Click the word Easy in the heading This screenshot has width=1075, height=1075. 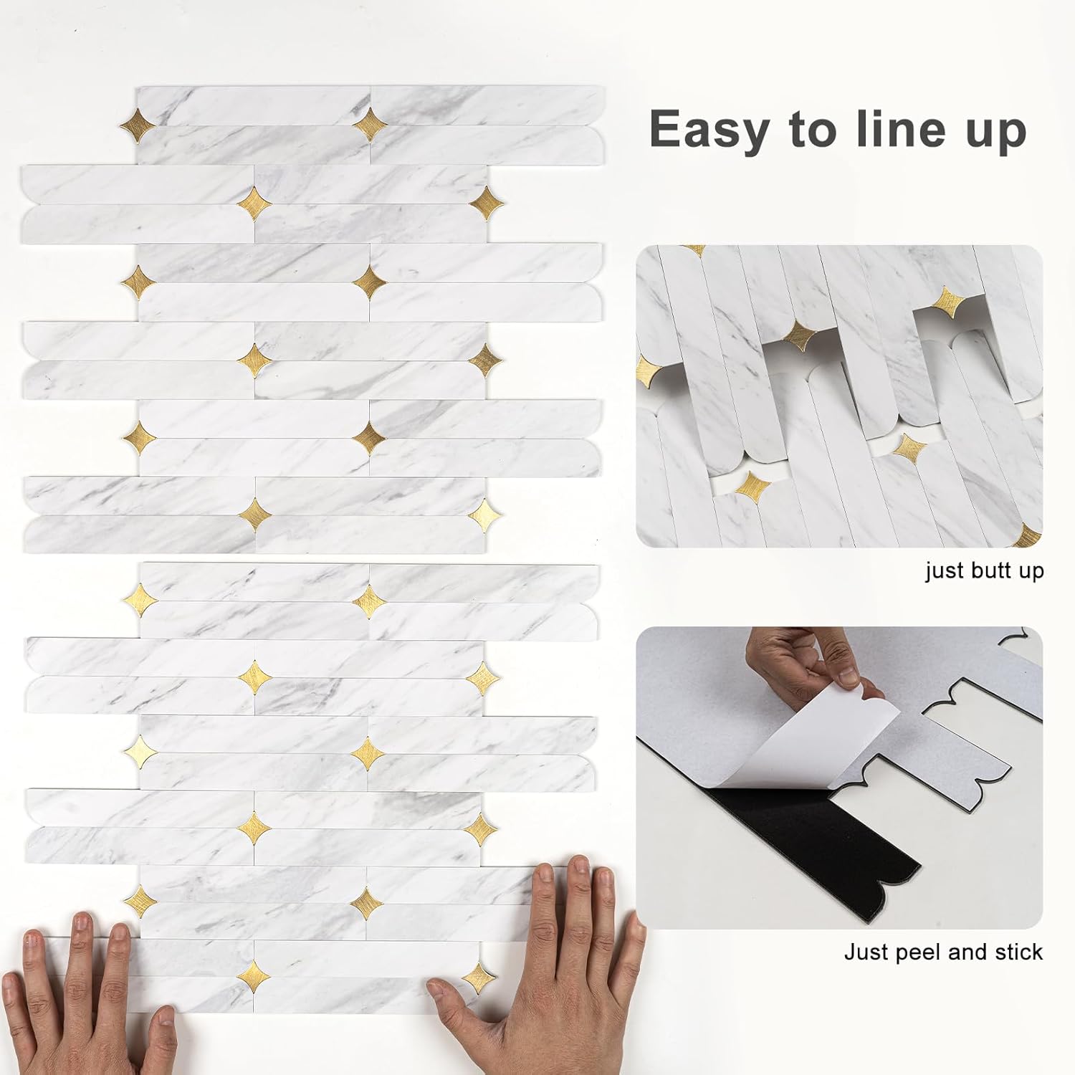click(x=708, y=130)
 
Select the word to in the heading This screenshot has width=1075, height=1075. click(x=813, y=131)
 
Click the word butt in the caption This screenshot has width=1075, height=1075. click(x=985, y=571)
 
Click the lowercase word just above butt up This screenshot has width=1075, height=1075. click(x=945, y=571)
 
